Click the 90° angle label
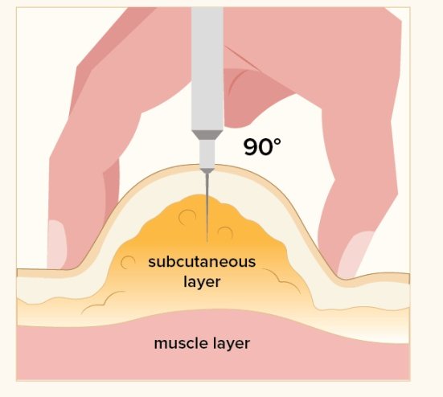(x=262, y=146)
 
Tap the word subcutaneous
(x=202, y=262)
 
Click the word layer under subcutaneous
(x=202, y=282)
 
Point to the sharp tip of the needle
(x=207, y=242)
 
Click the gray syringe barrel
(x=207, y=68)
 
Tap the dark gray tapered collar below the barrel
(x=207, y=135)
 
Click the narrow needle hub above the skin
(x=207, y=154)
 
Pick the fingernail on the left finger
(x=57, y=244)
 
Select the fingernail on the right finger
(x=355, y=255)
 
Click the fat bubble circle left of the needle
(x=187, y=218)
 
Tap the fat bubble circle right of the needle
(x=225, y=233)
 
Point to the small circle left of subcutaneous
(x=128, y=262)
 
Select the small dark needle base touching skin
(x=207, y=170)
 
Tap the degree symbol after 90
(x=277, y=142)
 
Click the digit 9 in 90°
(x=251, y=147)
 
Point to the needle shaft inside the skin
(x=207, y=207)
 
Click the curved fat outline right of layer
(x=282, y=280)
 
